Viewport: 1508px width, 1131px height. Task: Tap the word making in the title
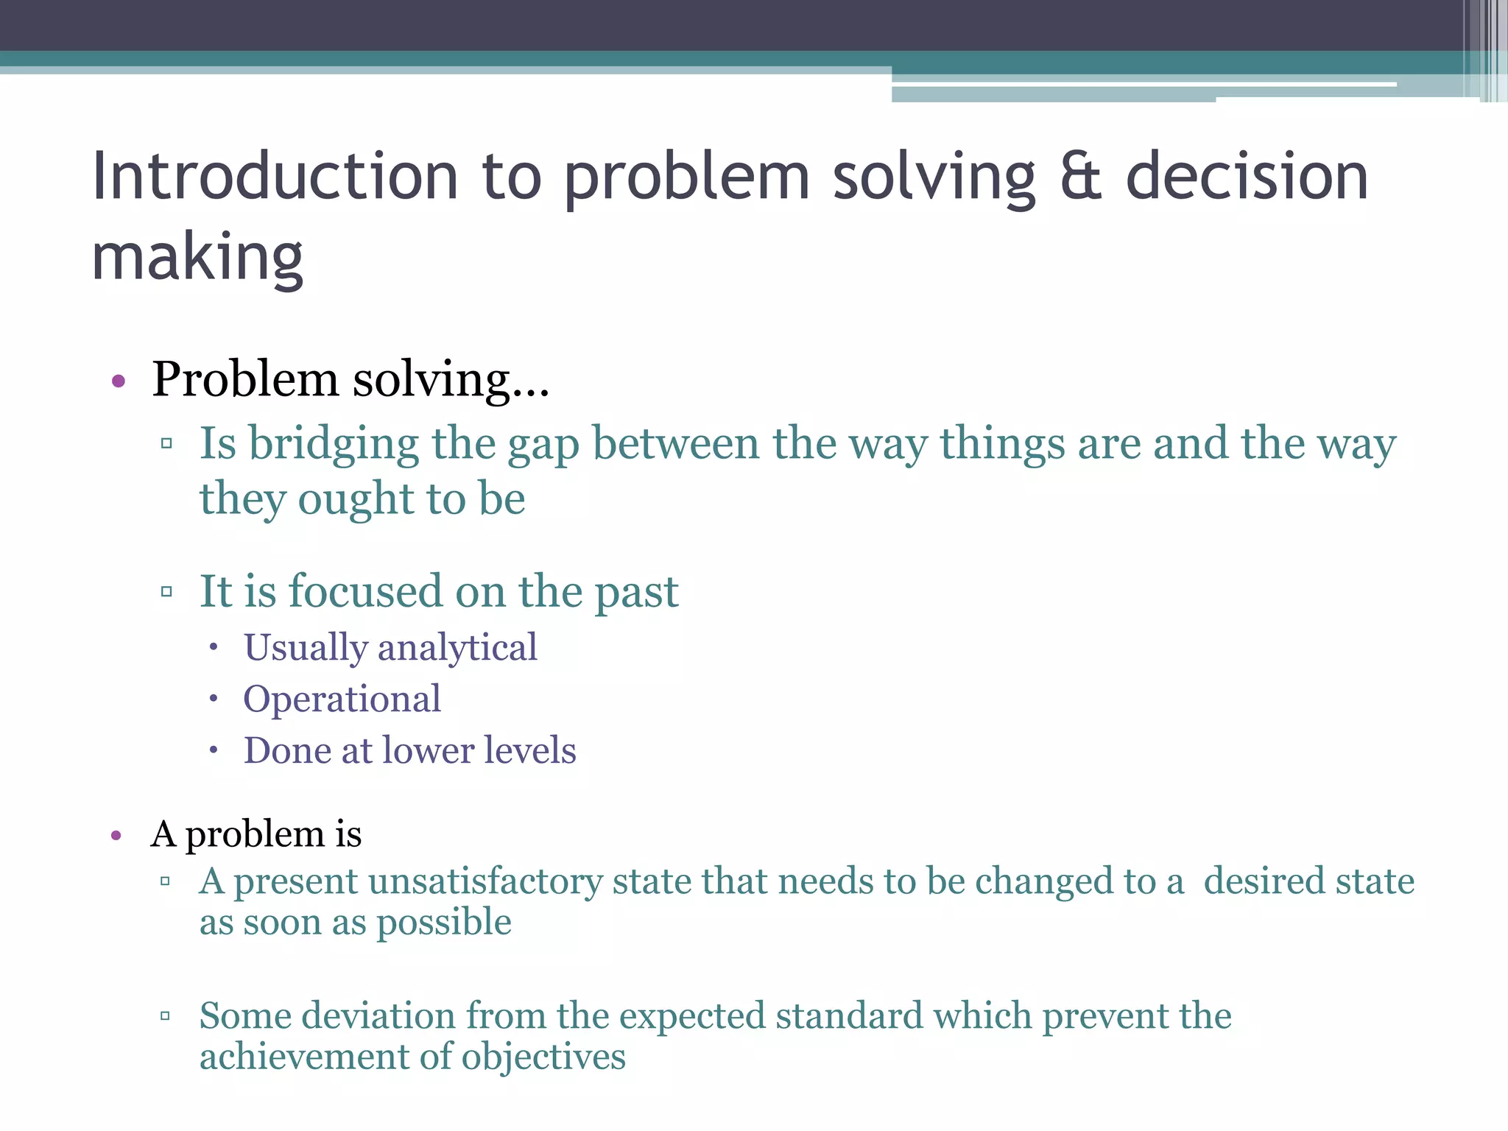point(197,258)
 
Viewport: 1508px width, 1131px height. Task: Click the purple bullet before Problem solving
point(119,381)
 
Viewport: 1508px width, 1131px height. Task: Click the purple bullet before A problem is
point(116,836)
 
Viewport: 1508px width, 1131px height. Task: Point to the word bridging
point(333,445)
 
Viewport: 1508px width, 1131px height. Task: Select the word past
point(636,592)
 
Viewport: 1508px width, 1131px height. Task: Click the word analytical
point(457,648)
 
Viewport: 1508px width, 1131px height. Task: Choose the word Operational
point(342,699)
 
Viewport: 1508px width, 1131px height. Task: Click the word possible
point(444,923)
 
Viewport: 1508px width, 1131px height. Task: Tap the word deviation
point(379,1016)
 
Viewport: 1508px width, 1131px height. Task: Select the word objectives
point(543,1057)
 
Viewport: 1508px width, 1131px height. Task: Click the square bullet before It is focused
point(166,591)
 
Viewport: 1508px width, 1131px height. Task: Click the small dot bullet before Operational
point(214,699)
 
